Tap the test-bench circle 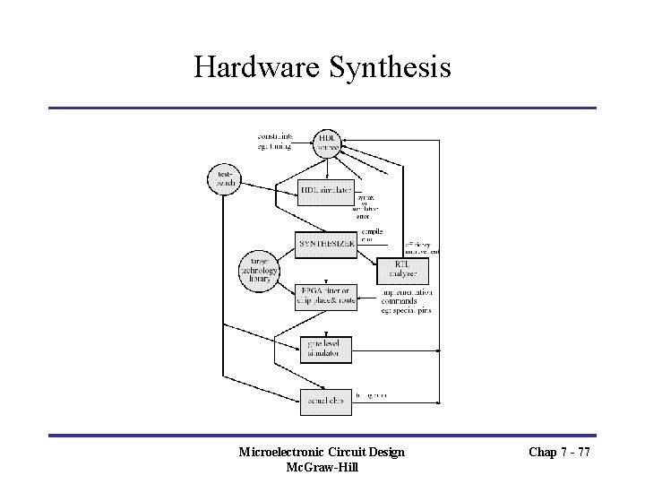click(x=224, y=179)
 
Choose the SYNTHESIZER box click(x=325, y=244)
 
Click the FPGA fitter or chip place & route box click(x=325, y=297)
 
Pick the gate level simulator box click(x=325, y=349)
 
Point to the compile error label click(x=372, y=236)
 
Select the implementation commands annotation click(x=407, y=301)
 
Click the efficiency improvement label click(x=422, y=248)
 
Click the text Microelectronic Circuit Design click(x=322, y=452)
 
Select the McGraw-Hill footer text click(x=322, y=467)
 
